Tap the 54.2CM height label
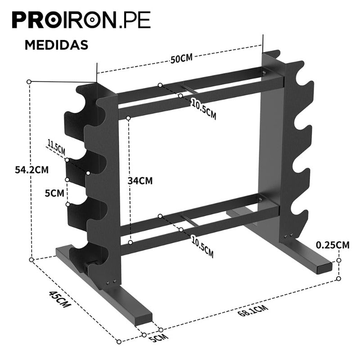tap(31, 170)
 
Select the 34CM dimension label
tap(140, 180)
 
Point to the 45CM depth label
tap(60, 299)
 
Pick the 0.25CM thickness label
tap(333, 245)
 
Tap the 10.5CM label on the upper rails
tap(203, 109)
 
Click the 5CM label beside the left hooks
tap(54, 193)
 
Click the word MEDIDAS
tap(56, 45)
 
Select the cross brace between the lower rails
tap(188, 219)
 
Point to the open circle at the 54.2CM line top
tap(29, 82)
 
